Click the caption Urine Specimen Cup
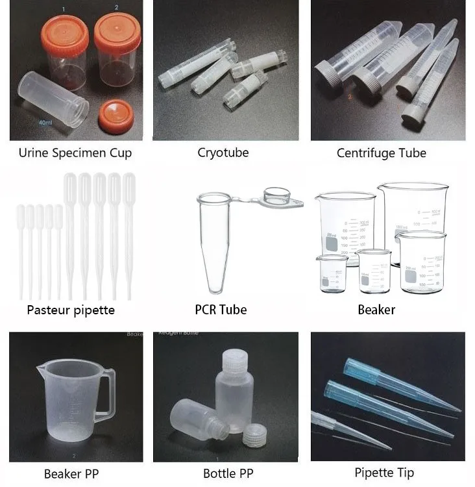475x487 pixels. coord(75,153)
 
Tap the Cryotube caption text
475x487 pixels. coord(223,153)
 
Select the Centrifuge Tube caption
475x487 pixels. coord(382,153)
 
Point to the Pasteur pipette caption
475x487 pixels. coord(71,310)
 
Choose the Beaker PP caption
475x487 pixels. coord(71,473)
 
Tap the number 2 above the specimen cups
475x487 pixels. coord(116,7)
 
